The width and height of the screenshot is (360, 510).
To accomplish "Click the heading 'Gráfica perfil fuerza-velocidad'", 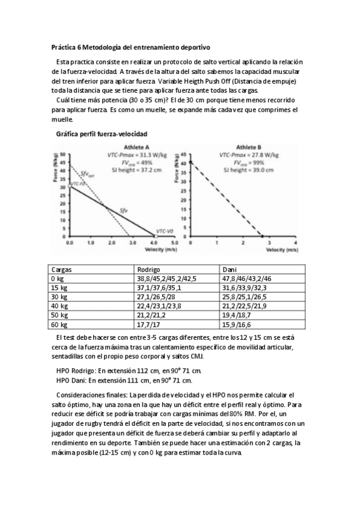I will pyautogui.click(x=102, y=133).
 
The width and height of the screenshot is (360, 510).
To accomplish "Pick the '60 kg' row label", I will pyautogui.click(x=60, y=324).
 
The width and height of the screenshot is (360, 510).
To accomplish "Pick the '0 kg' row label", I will pyautogui.click(x=58, y=279).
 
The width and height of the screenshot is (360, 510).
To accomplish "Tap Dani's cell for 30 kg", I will pyautogui.click(x=245, y=297).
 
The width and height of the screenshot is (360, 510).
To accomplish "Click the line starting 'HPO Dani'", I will pyautogui.click(x=124, y=380).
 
